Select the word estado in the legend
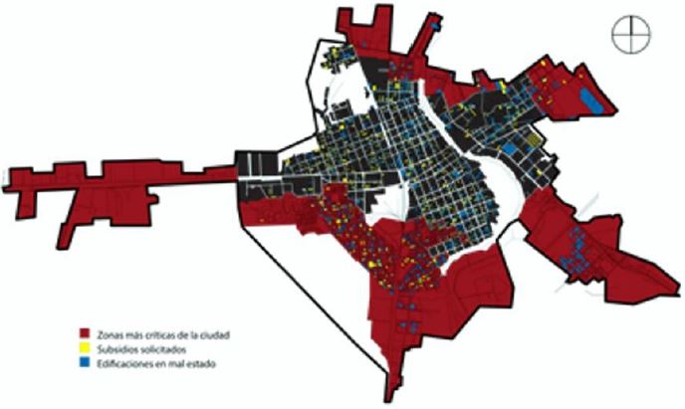[x=200, y=364]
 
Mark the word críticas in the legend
[x=155, y=335]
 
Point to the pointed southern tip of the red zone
[x=384, y=394]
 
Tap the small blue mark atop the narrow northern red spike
[x=435, y=17]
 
